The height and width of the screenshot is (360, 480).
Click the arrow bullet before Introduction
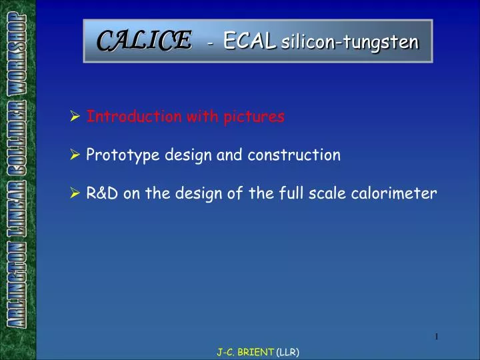[75, 117]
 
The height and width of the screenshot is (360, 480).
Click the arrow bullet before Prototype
[75, 156]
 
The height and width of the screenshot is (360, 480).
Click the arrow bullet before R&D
[75, 195]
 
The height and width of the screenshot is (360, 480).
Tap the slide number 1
[436, 337]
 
